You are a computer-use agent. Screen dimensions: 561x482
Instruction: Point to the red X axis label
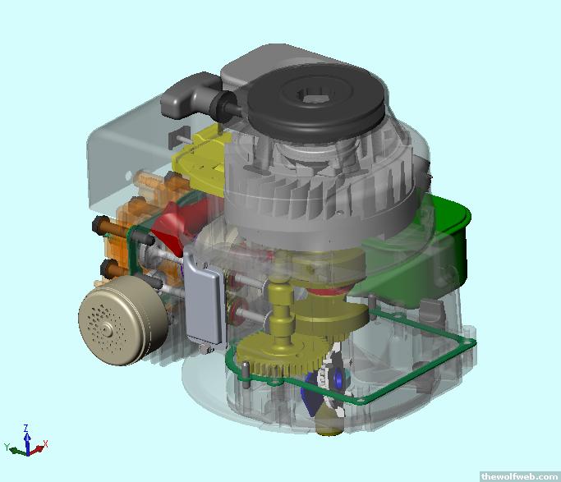45,444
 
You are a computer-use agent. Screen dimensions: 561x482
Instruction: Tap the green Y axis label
7,447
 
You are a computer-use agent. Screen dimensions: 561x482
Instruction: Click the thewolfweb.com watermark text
519,476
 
